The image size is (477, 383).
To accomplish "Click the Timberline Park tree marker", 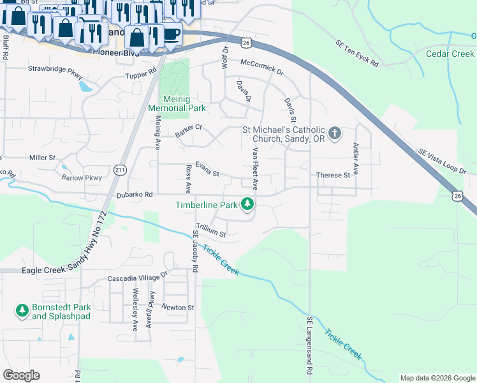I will click(248, 204).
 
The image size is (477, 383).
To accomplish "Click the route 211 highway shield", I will click(120, 170).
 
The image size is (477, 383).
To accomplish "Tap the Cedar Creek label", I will click(450, 54).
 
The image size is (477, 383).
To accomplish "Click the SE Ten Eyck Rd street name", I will click(357, 54).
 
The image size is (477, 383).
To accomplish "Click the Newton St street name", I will click(177, 308).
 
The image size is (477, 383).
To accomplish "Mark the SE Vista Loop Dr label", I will click(443, 161).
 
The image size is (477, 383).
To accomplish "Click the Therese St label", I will click(333, 175).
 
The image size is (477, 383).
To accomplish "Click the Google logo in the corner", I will click(21, 375).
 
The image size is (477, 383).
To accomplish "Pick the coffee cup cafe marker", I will click(172, 33).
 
